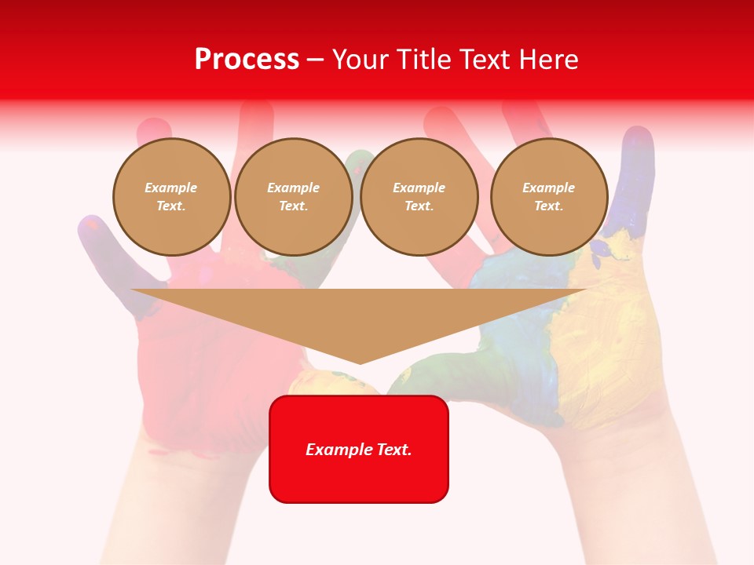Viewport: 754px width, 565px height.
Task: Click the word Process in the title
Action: pos(247,60)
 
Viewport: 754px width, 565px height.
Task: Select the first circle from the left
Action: pos(171,197)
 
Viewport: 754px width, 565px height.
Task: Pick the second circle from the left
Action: pos(293,197)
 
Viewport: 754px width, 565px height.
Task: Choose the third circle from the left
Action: pos(419,197)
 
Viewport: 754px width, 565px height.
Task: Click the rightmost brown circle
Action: pos(548,197)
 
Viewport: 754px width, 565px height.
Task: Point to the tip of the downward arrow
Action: pos(360,363)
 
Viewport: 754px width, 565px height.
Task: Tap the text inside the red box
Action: pos(359,450)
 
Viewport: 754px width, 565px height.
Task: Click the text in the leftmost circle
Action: pos(171,197)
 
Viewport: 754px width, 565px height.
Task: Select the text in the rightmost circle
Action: pos(548,197)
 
